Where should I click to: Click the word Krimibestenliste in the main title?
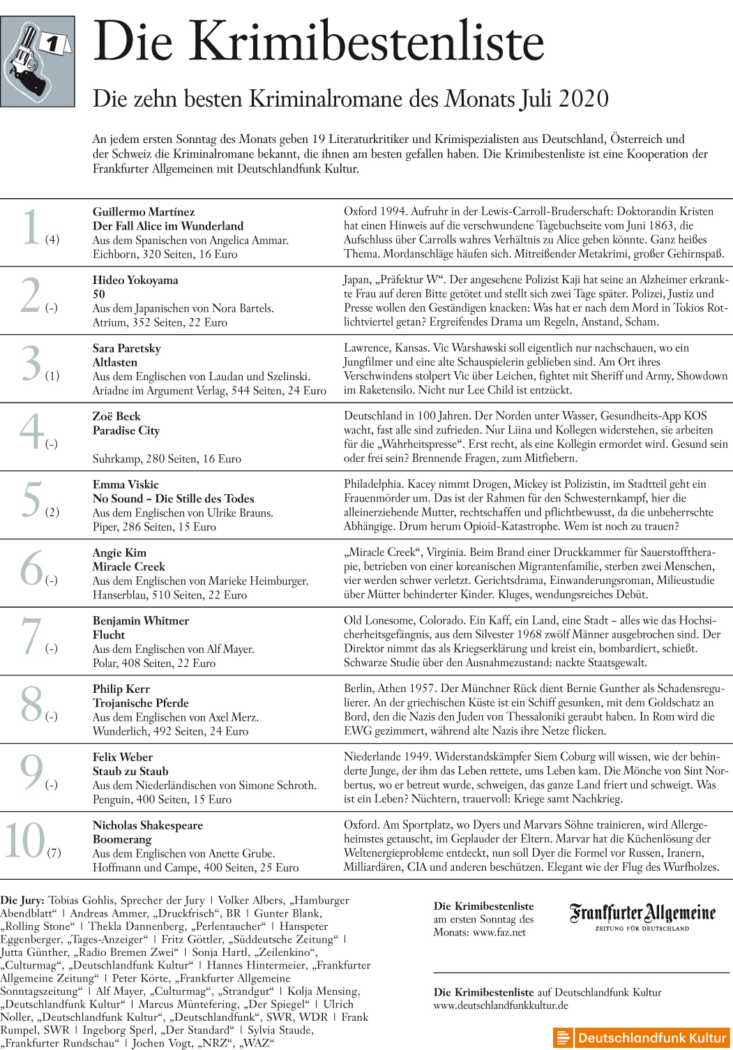367,42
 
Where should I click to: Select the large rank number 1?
30,227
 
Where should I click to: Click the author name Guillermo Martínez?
144,212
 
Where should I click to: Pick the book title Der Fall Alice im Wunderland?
168,226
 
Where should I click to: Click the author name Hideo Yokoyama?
135,280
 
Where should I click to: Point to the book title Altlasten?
115,362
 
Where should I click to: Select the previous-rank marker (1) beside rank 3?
52,376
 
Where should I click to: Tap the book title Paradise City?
126,430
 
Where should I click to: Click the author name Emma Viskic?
126,484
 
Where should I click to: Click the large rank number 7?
31,636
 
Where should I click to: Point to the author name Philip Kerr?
121,689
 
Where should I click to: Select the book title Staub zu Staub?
130,771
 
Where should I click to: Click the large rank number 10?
25,841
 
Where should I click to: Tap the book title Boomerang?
122,839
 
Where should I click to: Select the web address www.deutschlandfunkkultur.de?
501,1005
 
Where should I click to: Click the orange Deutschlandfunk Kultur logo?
641,1037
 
